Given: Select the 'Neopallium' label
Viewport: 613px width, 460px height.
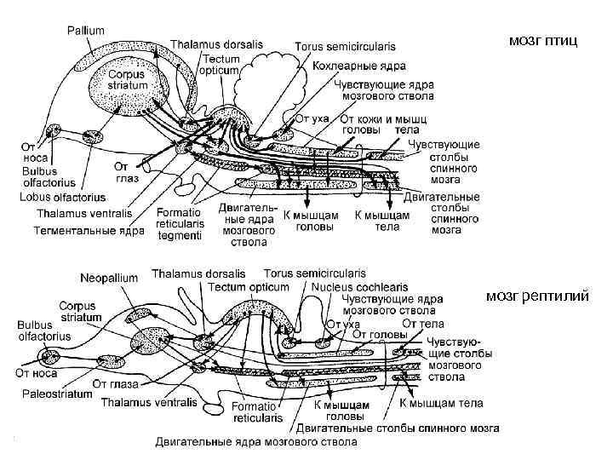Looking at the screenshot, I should click(x=111, y=278).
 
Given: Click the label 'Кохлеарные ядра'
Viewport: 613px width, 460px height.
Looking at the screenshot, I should click(x=360, y=65).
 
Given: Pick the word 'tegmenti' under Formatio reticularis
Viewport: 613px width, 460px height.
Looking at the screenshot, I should click(x=179, y=234).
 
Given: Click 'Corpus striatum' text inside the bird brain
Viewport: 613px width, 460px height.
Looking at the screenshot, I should click(x=128, y=80).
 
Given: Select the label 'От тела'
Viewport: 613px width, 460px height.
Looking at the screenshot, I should click(x=422, y=324).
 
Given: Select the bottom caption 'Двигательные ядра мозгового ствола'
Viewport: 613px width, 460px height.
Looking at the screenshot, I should click(x=256, y=442).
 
